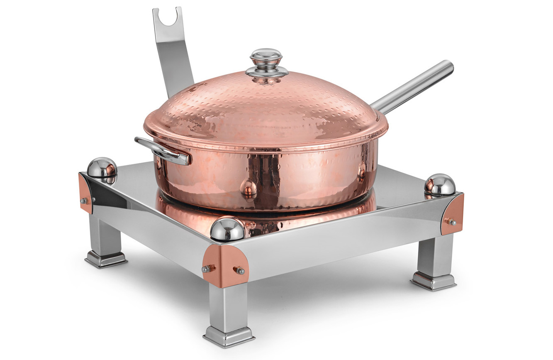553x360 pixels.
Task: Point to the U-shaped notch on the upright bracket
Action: click(x=168, y=18)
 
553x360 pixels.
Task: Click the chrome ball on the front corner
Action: click(x=227, y=228)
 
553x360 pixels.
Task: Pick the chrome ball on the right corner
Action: click(x=440, y=184)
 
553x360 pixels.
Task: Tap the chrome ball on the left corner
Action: click(x=102, y=169)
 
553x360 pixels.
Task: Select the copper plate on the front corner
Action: click(x=225, y=265)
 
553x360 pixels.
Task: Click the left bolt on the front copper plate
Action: click(x=206, y=269)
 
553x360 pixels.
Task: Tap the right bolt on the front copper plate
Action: click(x=239, y=271)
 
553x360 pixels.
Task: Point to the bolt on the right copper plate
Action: click(x=450, y=222)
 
